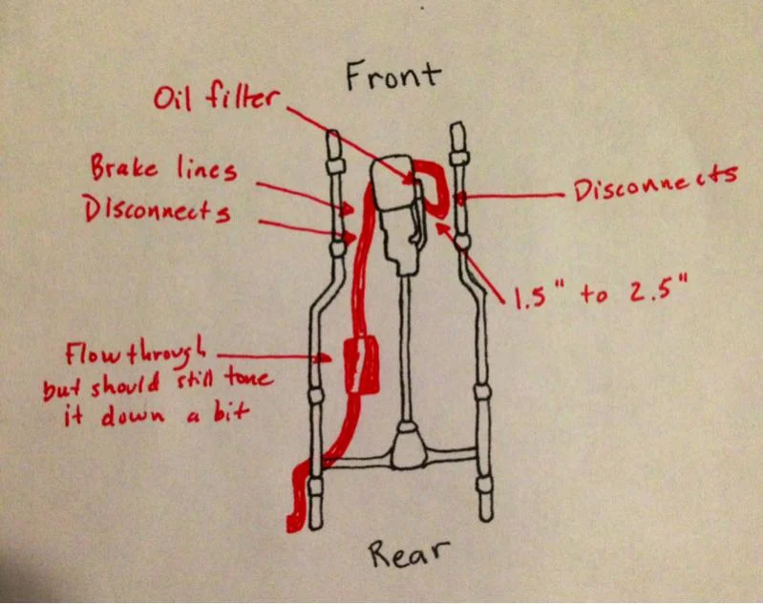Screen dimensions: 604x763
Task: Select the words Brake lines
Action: coord(162,170)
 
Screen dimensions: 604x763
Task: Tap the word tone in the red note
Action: coord(250,378)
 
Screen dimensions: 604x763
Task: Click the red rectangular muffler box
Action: coord(358,365)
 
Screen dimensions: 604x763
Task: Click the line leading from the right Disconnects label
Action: coord(516,195)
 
